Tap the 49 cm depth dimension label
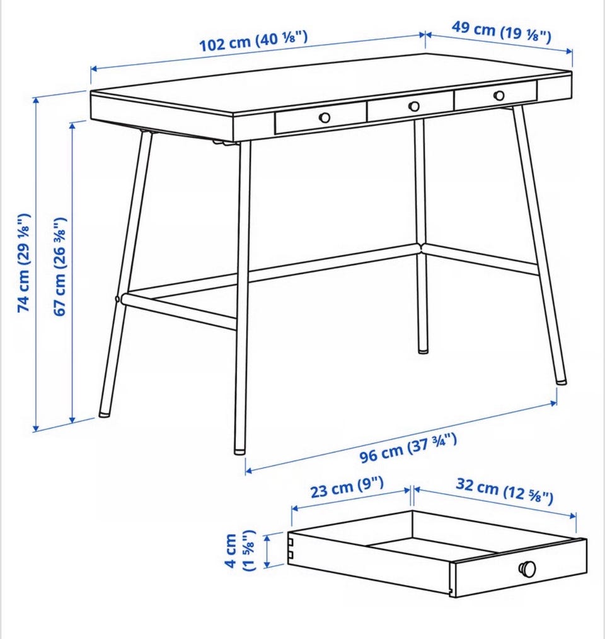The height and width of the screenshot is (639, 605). pyautogui.click(x=501, y=32)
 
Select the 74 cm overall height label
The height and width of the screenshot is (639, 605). pyautogui.click(x=23, y=263)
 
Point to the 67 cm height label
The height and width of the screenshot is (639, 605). pyautogui.click(x=60, y=267)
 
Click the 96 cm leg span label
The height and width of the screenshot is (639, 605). pyautogui.click(x=408, y=448)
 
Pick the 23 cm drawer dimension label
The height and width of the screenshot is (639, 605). pyautogui.click(x=347, y=487)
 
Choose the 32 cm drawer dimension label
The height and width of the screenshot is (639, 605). pyautogui.click(x=504, y=491)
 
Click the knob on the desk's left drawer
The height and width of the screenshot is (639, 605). pyautogui.click(x=325, y=118)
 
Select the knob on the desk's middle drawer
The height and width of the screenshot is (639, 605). pyautogui.click(x=413, y=107)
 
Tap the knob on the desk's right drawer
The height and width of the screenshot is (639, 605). pyautogui.click(x=498, y=96)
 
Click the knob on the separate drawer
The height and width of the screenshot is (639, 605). pyautogui.click(x=527, y=569)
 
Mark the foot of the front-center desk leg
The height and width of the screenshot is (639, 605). pyautogui.click(x=239, y=450)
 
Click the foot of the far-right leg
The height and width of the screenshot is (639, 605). pyautogui.click(x=561, y=380)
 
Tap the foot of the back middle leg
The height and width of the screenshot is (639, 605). pyautogui.click(x=423, y=349)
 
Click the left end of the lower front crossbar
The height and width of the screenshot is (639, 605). pyautogui.click(x=122, y=299)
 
